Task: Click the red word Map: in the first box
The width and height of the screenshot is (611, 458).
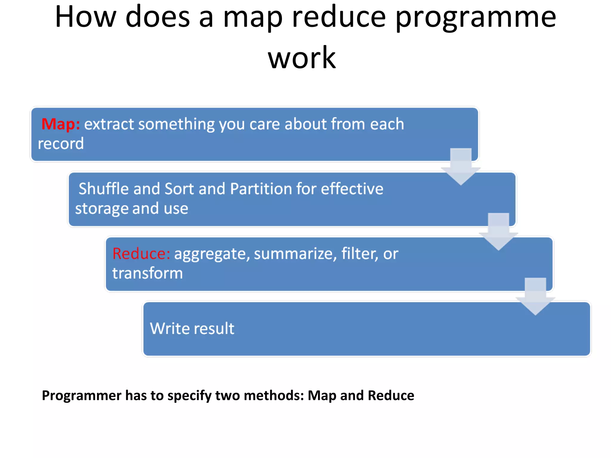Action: pyautogui.click(x=61, y=124)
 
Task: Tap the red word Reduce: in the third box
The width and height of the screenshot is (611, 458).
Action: pyautogui.click(x=141, y=254)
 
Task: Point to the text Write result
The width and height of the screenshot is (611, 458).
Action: pyautogui.click(x=192, y=329)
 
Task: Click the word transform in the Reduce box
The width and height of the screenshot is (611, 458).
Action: pyautogui.click(x=147, y=273)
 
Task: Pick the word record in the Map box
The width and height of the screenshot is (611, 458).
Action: pyautogui.click(x=61, y=144)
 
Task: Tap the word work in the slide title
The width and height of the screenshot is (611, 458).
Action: pyautogui.click(x=302, y=58)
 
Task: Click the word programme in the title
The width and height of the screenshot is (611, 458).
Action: pyautogui.click(x=476, y=18)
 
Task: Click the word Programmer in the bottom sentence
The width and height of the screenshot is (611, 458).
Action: pyautogui.click(x=81, y=396)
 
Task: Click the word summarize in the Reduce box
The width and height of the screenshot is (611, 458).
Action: pyautogui.click(x=295, y=254)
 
